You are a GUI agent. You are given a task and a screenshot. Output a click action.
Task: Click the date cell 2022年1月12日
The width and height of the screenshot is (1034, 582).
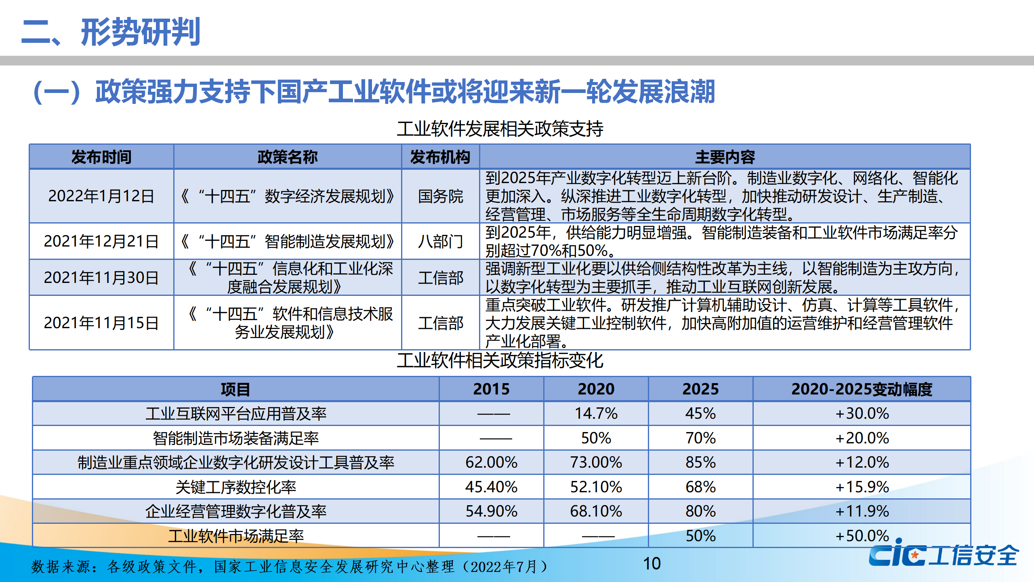pos(101,196)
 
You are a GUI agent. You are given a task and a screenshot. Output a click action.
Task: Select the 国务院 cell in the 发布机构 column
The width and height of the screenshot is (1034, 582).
pos(440,196)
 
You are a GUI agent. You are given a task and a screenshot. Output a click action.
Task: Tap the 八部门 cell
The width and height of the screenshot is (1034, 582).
pos(440,242)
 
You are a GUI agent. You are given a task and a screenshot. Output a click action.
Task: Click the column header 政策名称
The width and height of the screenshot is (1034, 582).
pos(287,157)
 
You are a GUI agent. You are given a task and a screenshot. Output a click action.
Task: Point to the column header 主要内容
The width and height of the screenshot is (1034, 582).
pos(725,157)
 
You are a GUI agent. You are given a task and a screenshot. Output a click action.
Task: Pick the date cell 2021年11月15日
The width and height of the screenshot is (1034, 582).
pos(101,323)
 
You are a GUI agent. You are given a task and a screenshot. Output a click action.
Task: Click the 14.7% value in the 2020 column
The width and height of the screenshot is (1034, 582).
pos(596,413)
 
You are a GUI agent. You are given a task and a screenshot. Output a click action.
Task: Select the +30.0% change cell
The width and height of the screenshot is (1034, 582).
pos(862,413)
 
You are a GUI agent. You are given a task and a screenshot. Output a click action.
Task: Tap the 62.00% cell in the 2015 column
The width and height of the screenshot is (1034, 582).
pos(491,462)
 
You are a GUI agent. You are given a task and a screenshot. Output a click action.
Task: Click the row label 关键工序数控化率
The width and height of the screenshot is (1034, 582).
pos(235,487)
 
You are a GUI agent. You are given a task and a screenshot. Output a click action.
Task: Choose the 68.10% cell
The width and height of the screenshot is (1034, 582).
pos(596,511)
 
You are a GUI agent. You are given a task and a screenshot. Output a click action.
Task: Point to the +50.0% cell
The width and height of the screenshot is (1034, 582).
pos(862,536)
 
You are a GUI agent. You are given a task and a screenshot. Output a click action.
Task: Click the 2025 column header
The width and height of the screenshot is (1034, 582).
pos(700,389)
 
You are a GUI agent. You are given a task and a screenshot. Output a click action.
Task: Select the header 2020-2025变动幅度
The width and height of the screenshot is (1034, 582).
pos(862,389)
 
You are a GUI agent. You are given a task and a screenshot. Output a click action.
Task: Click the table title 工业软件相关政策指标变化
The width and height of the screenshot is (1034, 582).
pos(500,361)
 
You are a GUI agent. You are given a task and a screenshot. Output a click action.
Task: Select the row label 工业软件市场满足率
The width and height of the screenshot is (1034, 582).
pos(235,536)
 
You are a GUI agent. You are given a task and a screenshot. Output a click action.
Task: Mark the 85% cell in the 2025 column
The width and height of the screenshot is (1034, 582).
pos(700,462)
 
